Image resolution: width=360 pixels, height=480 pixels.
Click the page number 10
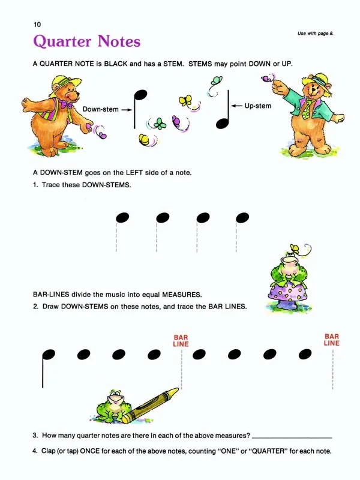(37, 25)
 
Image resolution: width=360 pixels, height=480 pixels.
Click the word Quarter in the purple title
(62, 41)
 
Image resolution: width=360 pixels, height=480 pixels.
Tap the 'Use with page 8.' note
(316, 34)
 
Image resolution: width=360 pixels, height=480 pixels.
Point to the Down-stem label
(100, 109)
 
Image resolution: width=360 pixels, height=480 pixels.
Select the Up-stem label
(258, 106)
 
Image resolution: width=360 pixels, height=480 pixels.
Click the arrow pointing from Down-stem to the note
(127, 110)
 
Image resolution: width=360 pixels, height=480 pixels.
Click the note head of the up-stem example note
(222, 124)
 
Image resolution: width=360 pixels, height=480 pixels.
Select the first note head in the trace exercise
(122, 218)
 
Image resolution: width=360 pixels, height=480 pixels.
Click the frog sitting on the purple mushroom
(287, 269)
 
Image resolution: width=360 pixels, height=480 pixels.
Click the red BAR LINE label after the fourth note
(181, 341)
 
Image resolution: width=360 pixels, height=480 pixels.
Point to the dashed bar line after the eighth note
(333, 370)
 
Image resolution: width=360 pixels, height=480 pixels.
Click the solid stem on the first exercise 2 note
(43, 372)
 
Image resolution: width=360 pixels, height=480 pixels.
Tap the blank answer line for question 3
(292, 438)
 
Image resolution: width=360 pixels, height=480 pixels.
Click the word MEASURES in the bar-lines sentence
(182, 295)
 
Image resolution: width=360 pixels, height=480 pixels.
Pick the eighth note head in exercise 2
(305, 354)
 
